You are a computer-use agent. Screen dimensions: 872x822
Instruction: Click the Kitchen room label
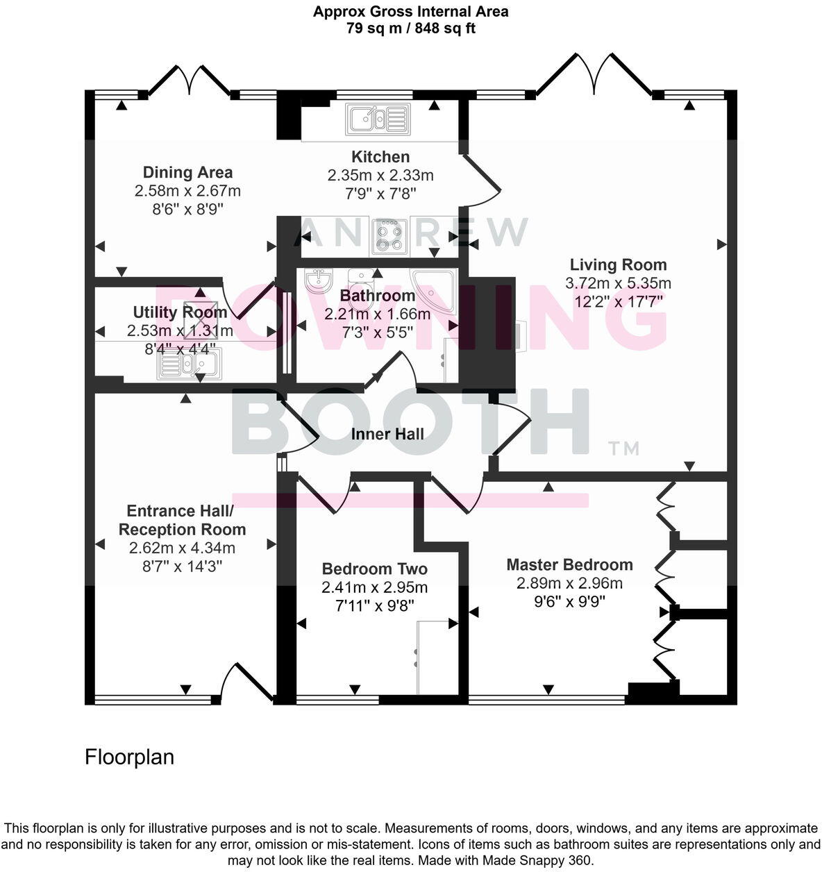[x=380, y=157]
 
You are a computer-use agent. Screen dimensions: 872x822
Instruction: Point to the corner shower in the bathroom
[x=434, y=291]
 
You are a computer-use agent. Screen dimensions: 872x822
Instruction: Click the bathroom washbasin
[x=319, y=280]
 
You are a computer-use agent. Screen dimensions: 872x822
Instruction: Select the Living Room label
[x=618, y=265]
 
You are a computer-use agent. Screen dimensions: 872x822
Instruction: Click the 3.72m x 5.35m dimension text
[x=618, y=283]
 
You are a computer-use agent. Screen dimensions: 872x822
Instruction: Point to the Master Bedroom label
[x=569, y=564]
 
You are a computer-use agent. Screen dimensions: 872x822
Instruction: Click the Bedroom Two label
[x=374, y=569]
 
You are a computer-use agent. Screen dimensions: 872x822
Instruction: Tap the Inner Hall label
[x=387, y=435]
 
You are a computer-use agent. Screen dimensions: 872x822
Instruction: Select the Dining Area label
[x=187, y=172]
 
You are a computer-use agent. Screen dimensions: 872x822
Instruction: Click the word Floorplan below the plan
[x=129, y=757]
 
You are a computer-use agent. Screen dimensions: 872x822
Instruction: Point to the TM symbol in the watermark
[x=623, y=448]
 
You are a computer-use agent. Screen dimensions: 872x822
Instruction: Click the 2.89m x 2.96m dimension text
[x=569, y=583]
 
